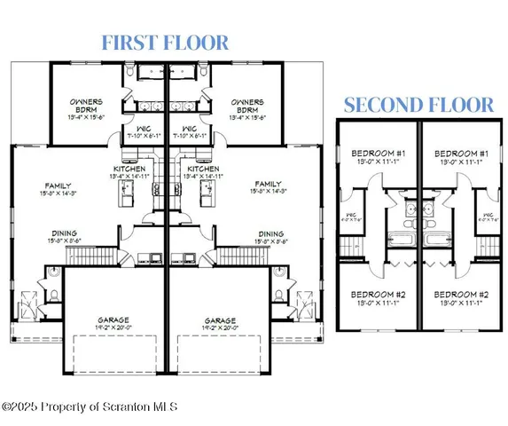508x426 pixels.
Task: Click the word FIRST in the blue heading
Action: coord(128,42)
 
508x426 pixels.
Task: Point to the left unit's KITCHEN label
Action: coord(129,169)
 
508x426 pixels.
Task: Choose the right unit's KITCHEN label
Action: coord(202,169)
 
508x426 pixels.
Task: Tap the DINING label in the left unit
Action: coord(62,234)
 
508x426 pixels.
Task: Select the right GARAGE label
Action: coord(219,319)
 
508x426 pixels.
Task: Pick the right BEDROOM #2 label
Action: coord(460,294)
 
